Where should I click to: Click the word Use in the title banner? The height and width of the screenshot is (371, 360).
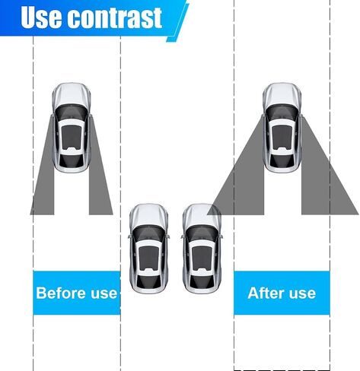point(41,17)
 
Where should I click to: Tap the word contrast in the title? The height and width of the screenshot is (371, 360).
point(116,17)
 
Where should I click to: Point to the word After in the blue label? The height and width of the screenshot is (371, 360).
point(265,293)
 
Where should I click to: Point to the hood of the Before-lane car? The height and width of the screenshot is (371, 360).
point(72,94)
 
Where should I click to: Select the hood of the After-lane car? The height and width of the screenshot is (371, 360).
point(282,94)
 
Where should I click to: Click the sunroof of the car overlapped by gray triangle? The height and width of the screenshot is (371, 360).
point(202,258)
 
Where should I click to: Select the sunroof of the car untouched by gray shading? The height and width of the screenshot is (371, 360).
point(148,258)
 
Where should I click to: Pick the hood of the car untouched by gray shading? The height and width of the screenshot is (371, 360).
point(148,215)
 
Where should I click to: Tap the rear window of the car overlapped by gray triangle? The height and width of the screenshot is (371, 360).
point(202,281)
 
